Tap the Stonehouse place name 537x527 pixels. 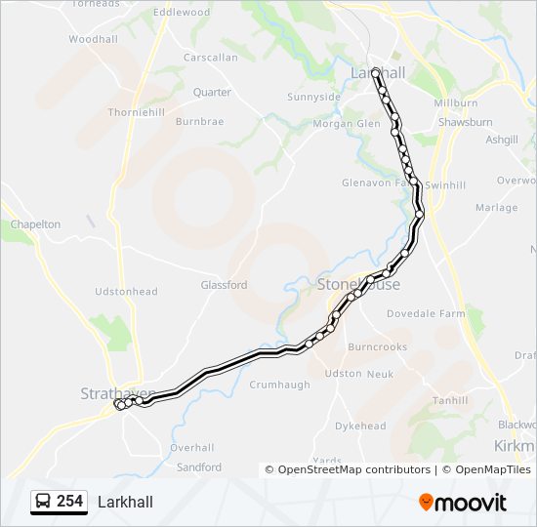pyautogui.click(x=358, y=284)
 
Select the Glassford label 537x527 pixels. pyautogui.click(x=224, y=285)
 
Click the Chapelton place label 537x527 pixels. pyautogui.click(x=35, y=224)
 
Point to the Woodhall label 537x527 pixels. pyautogui.click(x=93, y=40)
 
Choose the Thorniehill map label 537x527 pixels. pyautogui.click(x=137, y=112)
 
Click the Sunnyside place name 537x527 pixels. pyautogui.click(x=313, y=97)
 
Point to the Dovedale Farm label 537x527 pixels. pyautogui.click(x=426, y=314)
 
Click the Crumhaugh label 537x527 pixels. pyautogui.click(x=279, y=385)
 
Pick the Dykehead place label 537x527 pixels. pyautogui.click(x=360, y=426)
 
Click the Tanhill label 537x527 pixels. pyautogui.click(x=451, y=400)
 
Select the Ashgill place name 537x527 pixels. pyautogui.click(x=502, y=140)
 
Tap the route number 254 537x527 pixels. pyautogui.click(x=69, y=502)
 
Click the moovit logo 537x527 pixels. pyautogui.click(x=463, y=503)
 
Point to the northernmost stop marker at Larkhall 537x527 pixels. pyautogui.click(x=376, y=71)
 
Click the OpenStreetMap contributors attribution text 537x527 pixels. pyautogui.click(x=348, y=469)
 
